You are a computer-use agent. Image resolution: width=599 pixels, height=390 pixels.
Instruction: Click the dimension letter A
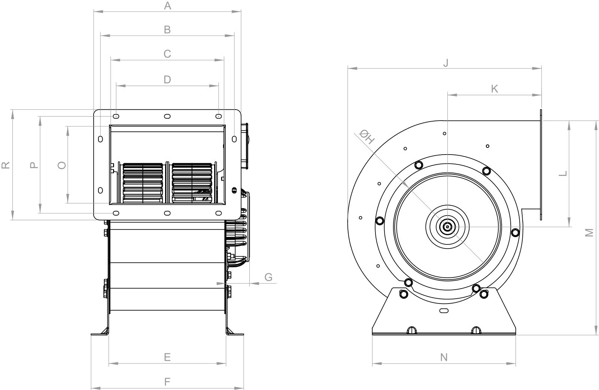[x=167, y=6]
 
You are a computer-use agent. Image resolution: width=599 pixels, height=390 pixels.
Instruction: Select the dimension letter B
[x=167, y=30]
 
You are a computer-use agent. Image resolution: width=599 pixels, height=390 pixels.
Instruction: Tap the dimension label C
[x=167, y=54]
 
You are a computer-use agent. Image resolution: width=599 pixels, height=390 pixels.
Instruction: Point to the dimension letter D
[x=167, y=80]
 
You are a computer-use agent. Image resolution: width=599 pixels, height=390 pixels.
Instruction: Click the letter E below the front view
[x=167, y=357]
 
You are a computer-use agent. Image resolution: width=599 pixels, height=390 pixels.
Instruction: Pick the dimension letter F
[x=167, y=382]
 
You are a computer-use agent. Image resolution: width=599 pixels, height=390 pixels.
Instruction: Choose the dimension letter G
[x=268, y=277]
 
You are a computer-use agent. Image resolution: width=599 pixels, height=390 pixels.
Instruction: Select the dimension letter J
[x=446, y=63]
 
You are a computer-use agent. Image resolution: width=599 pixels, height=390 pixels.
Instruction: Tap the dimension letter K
[x=495, y=89]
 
